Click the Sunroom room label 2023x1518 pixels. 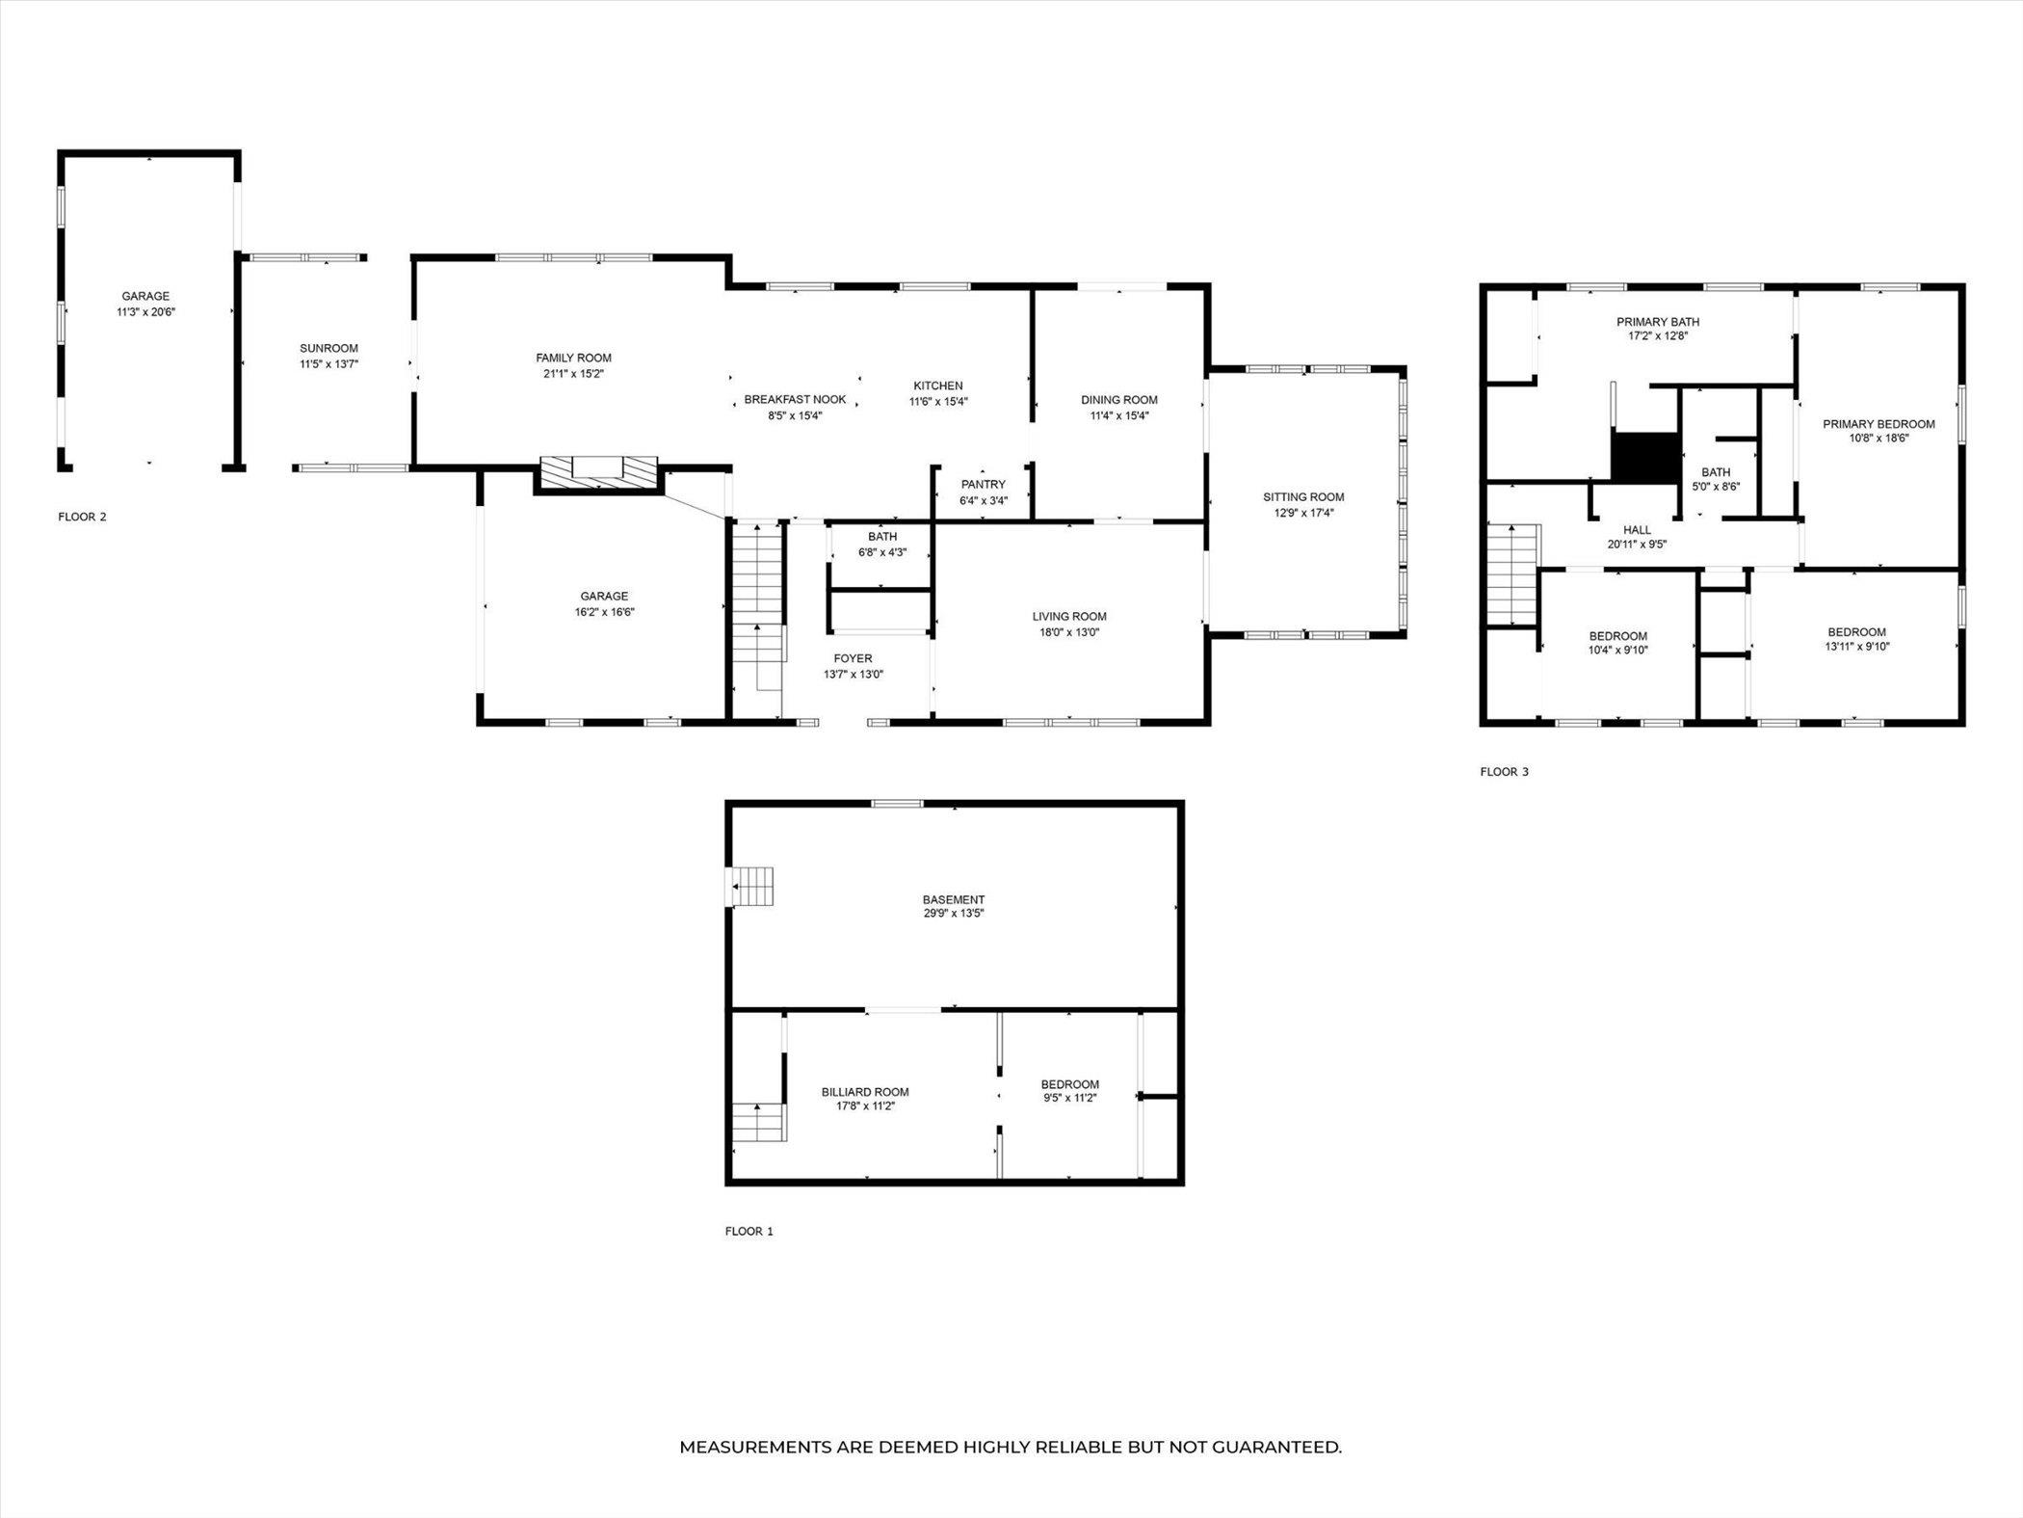(x=328, y=348)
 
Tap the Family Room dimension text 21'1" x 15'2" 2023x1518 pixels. (x=573, y=374)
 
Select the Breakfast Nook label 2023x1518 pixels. (x=795, y=400)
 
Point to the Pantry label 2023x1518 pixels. (x=983, y=485)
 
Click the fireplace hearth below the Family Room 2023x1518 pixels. (x=598, y=471)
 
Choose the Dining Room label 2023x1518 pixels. (x=1118, y=400)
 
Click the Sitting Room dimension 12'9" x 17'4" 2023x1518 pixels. (x=1303, y=513)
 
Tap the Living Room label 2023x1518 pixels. (x=1069, y=617)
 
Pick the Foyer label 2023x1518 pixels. (x=853, y=659)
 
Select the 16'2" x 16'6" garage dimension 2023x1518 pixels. (x=604, y=612)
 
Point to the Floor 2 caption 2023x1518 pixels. (x=82, y=517)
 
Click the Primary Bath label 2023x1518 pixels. (x=1657, y=322)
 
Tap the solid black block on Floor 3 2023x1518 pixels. (x=1646, y=457)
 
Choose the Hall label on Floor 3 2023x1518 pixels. (x=1637, y=530)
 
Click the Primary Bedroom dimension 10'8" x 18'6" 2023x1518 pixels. (x=1878, y=438)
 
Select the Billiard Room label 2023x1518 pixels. (x=865, y=1092)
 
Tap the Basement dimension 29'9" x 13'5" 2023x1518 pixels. (x=953, y=913)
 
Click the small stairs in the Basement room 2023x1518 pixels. (x=753, y=886)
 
